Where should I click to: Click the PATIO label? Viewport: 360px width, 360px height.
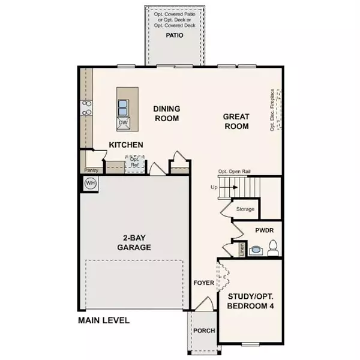(x=175, y=35)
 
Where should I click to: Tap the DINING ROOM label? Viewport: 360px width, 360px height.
(x=166, y=114)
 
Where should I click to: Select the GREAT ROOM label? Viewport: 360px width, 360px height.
(x=236, y=121)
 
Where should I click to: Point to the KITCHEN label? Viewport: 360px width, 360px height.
(x=125, y=145)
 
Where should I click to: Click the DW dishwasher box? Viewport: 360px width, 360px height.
(x=123, y=123)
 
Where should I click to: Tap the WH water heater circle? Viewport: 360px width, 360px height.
(x=90, y=183)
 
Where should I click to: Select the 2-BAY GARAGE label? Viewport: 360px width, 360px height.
(x=133, y=242)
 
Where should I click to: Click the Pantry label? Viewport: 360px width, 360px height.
(x=91, y=170)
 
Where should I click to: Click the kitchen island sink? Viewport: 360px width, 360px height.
(x=123, y=107)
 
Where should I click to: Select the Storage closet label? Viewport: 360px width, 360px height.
(x=245, y=209)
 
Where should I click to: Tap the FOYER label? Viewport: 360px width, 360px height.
(x=204, y=283)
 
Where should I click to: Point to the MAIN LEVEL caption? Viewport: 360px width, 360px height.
(x=104, y=320)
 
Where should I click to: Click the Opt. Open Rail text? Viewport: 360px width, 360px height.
(x=234, y=172)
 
